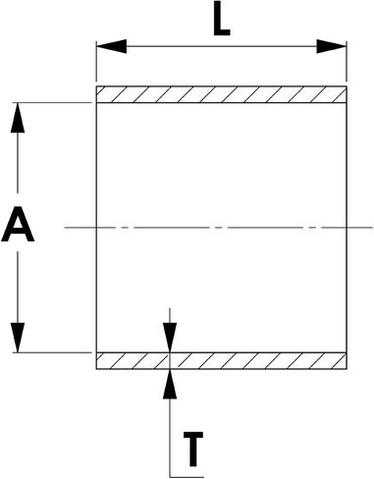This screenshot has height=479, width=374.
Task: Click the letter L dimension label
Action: pyautogui.click(x=222, y=19)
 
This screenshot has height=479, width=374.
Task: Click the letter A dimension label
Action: pyautogui.click(x=18, y=224)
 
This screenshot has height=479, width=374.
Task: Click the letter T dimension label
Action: pyautogui.click(x=193, y=449)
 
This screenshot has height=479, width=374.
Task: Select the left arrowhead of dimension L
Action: pyautogui.click(x=111, y=46)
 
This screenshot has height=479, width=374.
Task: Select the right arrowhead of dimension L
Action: pyautogui.click(x=331, y=46)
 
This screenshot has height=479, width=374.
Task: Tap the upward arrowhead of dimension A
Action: pyautogui.click(x=18, y=118)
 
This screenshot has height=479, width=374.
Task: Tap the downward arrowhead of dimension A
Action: pyautogui.click(x=18, y=338)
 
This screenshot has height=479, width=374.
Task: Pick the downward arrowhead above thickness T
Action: pyautogui.click(x=170, y=338)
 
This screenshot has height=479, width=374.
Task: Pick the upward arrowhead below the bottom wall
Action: pyautogui.click(x=170, y=384)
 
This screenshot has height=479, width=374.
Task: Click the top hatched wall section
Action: pyautogui.click(x=221, y=94)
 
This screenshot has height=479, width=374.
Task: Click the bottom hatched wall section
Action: pyautogui.click(x=221, y=361)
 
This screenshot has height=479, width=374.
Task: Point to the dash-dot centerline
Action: pyautogui.click(x=219, y=227)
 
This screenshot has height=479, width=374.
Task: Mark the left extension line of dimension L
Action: pyautogui.click(x=96, y=61)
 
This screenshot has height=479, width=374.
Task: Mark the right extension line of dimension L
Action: pyautogui.click(x=347, y=61)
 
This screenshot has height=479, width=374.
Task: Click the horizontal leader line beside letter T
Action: pyautogui.click(x=187, y=477)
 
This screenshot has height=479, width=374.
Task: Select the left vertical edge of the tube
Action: pyautogui.click(x=96, y=228)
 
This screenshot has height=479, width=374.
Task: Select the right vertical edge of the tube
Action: pyautogui.click(x=347, y=228)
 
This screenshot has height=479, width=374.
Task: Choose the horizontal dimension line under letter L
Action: pyautogui.click(x=222, y=46)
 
